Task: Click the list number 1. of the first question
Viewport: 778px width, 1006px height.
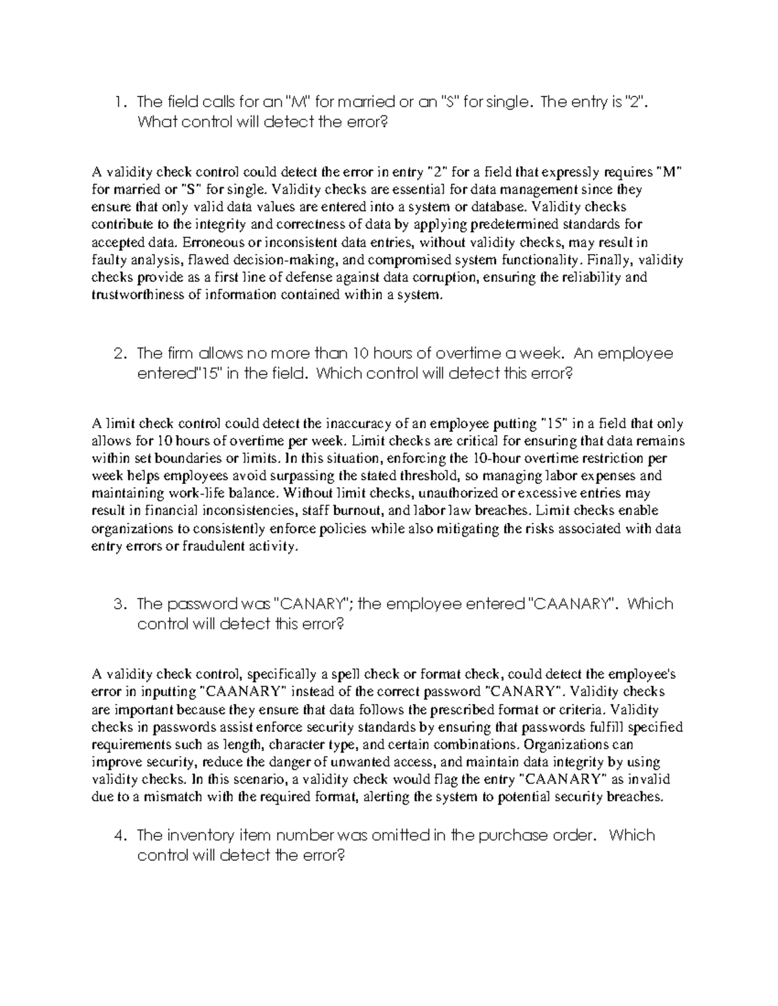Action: (x=118, y=102)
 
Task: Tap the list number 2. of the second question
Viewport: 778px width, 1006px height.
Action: (x=119, y=354)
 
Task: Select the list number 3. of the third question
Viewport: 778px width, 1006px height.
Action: (x=119, y=604)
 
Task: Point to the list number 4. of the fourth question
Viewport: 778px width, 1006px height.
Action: (x=119, y=836)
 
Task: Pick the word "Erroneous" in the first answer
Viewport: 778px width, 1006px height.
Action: (x=211, y=243)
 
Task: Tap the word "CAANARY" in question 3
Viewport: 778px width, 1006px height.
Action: (x=571, y=604)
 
